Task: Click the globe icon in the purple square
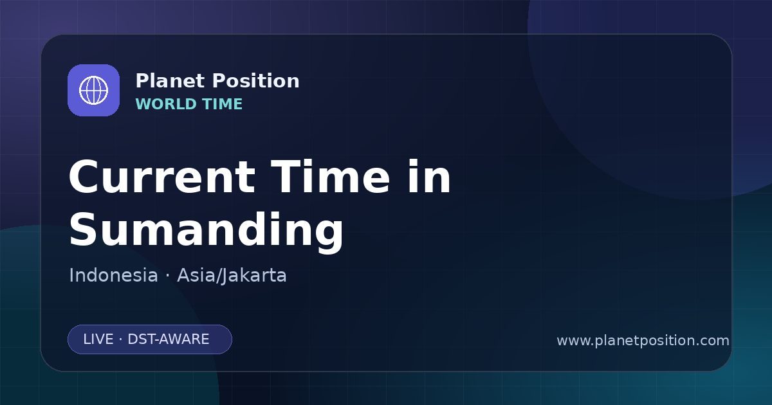(93, 90)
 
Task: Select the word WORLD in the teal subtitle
(165, 104)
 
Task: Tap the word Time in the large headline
(330, 177)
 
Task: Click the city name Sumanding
(206, 230)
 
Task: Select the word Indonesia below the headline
(113, 275)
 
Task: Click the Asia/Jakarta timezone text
(232, 276)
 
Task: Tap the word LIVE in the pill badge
(98, 339)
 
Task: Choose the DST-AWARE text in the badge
(168, 339)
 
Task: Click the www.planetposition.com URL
(643, 341)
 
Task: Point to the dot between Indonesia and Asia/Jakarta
(167, 276)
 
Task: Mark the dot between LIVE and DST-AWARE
(120, 340)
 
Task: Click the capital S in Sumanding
(82, 229)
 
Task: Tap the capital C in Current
(84, 177)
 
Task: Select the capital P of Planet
(142, 81)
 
